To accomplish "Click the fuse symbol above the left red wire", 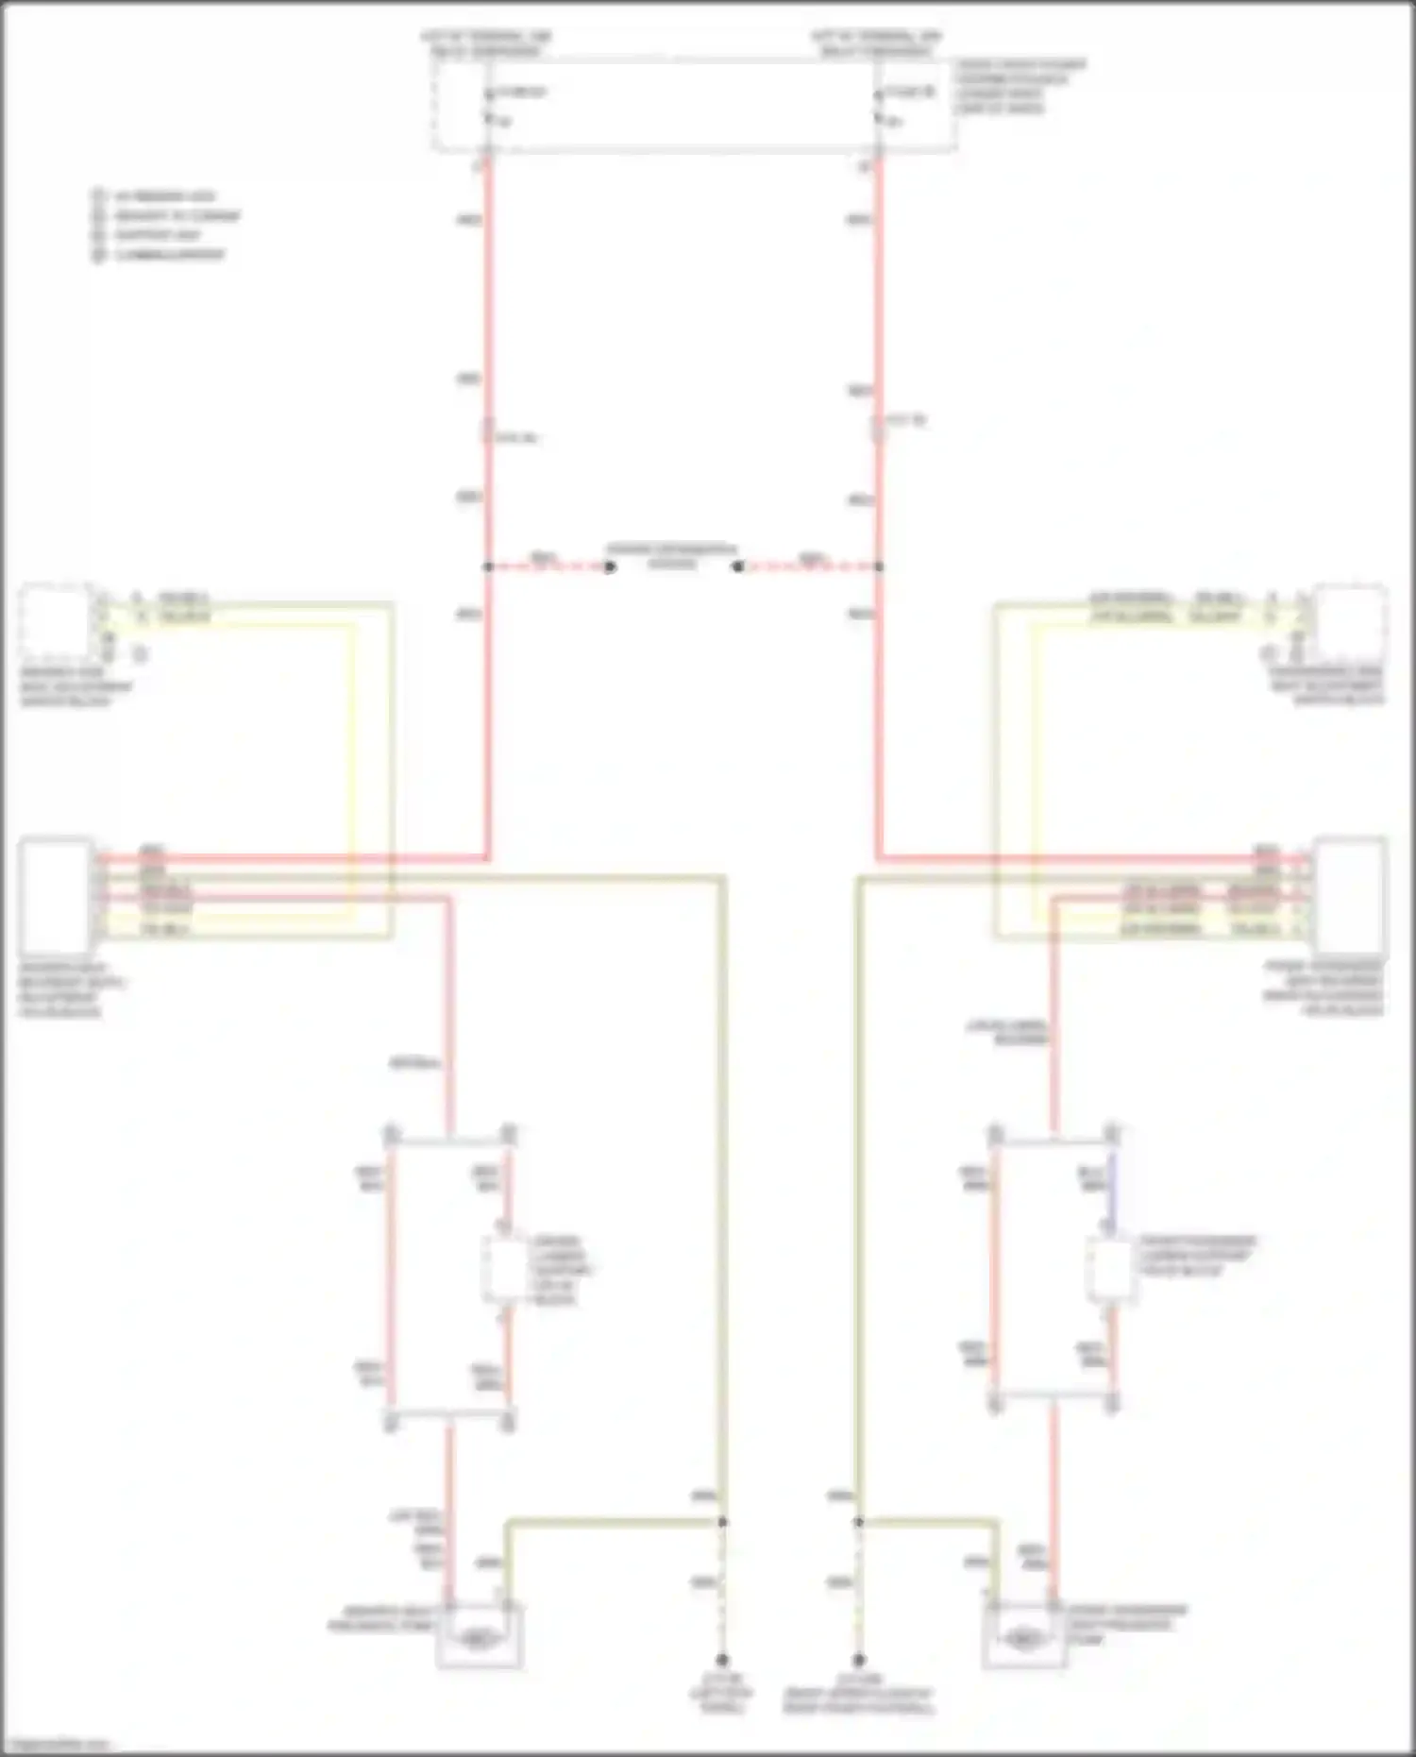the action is (488, 105).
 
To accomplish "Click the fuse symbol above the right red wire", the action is (878, 105).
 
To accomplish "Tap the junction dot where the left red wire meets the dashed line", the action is (488, 566).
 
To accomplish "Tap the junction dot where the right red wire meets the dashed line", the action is (879, 566).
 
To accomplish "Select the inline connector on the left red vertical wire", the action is (487, 431).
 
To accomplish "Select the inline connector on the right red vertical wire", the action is (878, 428).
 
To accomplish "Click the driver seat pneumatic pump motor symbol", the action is (480, 1639).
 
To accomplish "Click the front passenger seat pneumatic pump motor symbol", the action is (1023, 1639).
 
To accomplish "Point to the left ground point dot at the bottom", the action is (722, 1660).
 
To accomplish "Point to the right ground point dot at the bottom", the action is (859, 1660).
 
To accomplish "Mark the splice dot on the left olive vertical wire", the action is (723, 1522).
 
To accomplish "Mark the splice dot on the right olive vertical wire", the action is (859, 1522).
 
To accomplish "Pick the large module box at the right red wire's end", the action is (1352, 893).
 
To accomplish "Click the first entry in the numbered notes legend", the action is (160, 196).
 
